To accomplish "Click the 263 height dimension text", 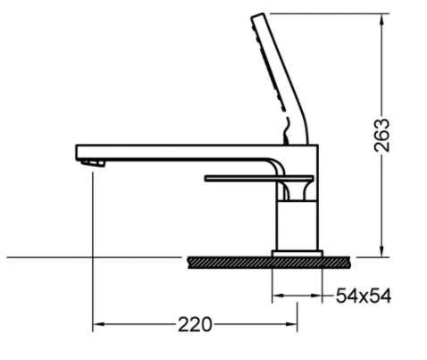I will tap(383, 136).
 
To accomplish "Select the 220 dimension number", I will tap(195, 325).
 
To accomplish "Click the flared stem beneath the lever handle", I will tap(296, 188).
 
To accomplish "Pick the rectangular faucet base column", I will tap(296, 225).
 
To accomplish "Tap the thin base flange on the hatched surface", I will tap(296, 254).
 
